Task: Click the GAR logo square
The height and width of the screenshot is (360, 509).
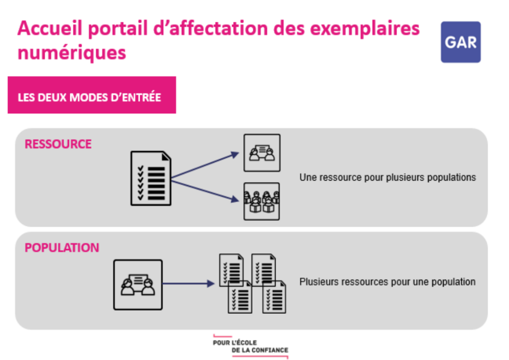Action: click(x=461, y=42)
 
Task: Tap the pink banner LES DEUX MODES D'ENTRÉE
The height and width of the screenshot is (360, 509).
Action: click(x=92, y=97)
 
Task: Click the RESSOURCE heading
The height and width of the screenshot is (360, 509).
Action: click(x=58, y=144)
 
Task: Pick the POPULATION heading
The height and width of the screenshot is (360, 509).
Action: click(x=62, y=248)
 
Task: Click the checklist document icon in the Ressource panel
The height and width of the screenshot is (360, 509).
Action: click(x=151, y=178)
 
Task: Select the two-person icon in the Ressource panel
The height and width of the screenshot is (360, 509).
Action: click(x=262, y=153)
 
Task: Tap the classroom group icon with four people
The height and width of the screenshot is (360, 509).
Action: click(x=262, y=201)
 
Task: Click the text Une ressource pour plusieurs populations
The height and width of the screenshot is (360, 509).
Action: click(x=388, y=177)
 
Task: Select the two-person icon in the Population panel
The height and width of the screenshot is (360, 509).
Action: click(x=138, y=284)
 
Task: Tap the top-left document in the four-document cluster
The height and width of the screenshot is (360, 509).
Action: click(x=232, y=269)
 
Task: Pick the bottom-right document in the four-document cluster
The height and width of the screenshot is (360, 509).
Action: click(x=274, y=297)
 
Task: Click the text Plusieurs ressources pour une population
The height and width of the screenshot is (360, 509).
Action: click(x=387, y=282)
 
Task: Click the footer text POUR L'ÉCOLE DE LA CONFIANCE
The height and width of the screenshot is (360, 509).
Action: click(x=250, y=346)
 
